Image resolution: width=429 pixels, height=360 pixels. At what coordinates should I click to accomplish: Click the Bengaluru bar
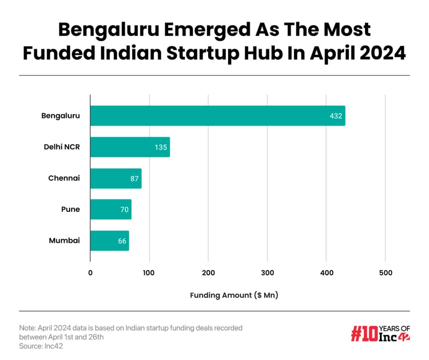tap(217, 116)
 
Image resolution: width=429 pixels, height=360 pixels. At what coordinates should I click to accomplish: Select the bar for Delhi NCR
tap(130, 147)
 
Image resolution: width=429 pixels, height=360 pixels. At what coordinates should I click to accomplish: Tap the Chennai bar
tap(116, 179)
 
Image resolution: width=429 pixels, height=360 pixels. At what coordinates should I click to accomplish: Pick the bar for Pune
tap(111, 209)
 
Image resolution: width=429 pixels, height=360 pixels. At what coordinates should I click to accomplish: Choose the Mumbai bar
tap(109, 241)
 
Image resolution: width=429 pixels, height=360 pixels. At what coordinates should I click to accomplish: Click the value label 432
tap(336, 116)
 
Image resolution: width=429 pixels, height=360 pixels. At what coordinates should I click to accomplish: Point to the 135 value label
tap(160, 148)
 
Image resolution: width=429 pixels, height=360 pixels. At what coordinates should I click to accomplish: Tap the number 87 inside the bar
tap(135, 179)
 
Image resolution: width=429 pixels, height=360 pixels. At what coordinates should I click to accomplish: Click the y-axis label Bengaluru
tap(60, 116)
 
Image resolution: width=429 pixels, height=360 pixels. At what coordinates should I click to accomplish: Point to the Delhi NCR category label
tap(62, 147)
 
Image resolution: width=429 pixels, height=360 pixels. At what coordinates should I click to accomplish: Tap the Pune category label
tap(70, 209)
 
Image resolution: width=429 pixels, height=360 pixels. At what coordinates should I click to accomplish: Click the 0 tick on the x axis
tap(90, 273)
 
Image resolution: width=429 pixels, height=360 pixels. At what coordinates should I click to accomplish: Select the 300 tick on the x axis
tap(267, 273)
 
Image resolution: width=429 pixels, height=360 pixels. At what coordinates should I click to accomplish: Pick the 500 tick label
tap(385, 273)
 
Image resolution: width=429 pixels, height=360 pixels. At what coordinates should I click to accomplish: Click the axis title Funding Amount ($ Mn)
tap(234, 295)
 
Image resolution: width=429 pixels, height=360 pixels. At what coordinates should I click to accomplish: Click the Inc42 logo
tap(380, 333)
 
